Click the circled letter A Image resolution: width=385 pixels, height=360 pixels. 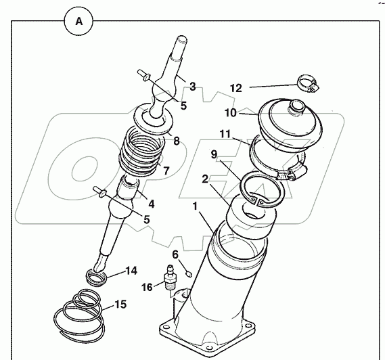pyautogui.click(x=78, y=22)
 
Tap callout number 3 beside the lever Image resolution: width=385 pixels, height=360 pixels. pyautogui.click(x=193, y=87)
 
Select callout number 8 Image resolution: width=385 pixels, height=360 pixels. pyautogui.click(x=176, y=141)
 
